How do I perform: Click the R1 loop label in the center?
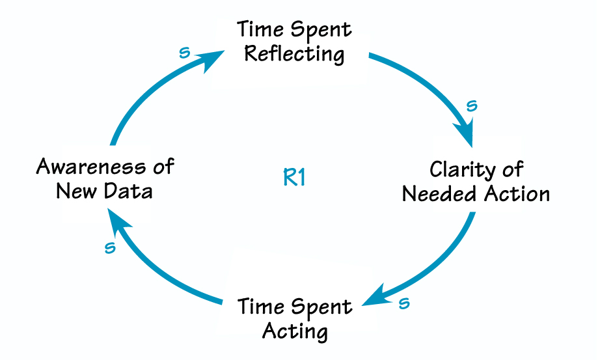click(295, 178)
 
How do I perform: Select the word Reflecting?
click(294, 53)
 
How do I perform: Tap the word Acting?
click(295, 331)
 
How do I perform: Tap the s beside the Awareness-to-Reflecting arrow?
click(184, 53)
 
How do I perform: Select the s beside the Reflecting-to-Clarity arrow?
click(472, 105)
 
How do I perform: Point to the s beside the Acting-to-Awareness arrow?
click(110, 247)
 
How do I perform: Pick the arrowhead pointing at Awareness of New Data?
click(117, 222)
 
